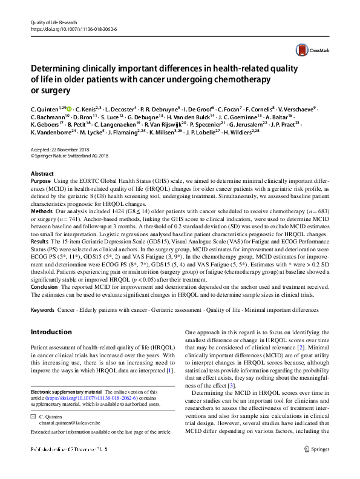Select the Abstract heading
tap(42, 173)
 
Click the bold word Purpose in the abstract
tap(41, 181)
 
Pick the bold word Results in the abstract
tap(40, 259)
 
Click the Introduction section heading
tap(51, 332)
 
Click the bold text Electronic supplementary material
tap(66, 392)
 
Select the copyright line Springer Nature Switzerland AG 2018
tap(68, 155)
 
